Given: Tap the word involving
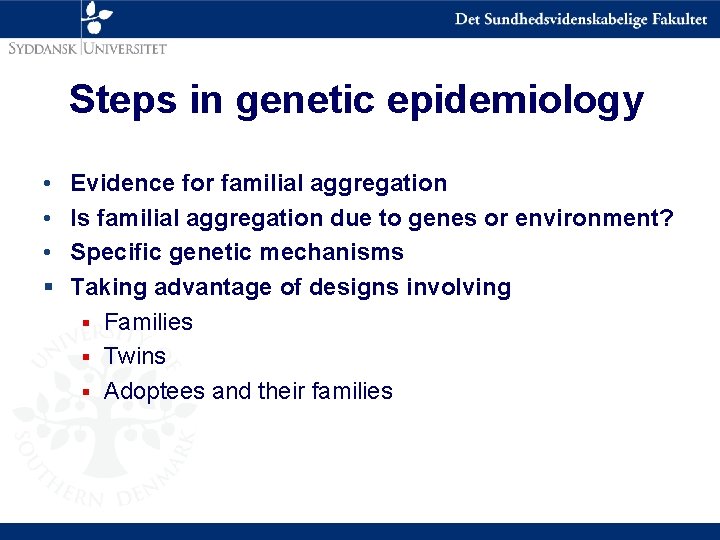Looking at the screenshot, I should click(460, 288).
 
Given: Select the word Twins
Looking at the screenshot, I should click(135, 356).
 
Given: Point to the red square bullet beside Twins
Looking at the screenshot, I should click(87, 357).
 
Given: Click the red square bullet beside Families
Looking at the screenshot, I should click(87, 322).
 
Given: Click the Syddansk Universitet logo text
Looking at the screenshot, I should click(86, 46).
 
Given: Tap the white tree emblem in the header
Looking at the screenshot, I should click(97, 17).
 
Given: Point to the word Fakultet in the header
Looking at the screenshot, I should click(675, 19).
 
